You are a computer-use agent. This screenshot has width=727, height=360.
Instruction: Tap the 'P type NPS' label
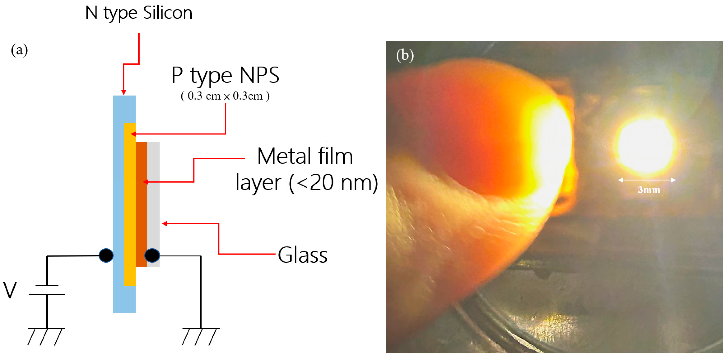click(225, 75)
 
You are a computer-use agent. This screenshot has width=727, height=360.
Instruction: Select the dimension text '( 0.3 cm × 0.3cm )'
click(225, 96)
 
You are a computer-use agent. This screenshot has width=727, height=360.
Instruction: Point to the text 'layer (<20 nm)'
click(307, 183)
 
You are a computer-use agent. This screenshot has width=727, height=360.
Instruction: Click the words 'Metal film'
click(305, 156)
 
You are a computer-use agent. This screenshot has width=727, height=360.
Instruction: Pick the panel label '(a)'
click(19, 50)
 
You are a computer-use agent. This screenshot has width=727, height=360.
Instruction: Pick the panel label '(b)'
click(405, 55)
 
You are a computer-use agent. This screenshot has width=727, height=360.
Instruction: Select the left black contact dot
click(106, 256)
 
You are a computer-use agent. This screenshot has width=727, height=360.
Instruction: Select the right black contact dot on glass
click(152, 256)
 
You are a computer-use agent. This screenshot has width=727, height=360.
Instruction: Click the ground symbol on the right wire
click(200, 336)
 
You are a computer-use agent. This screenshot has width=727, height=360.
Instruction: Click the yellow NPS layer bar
click(130, 203)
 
